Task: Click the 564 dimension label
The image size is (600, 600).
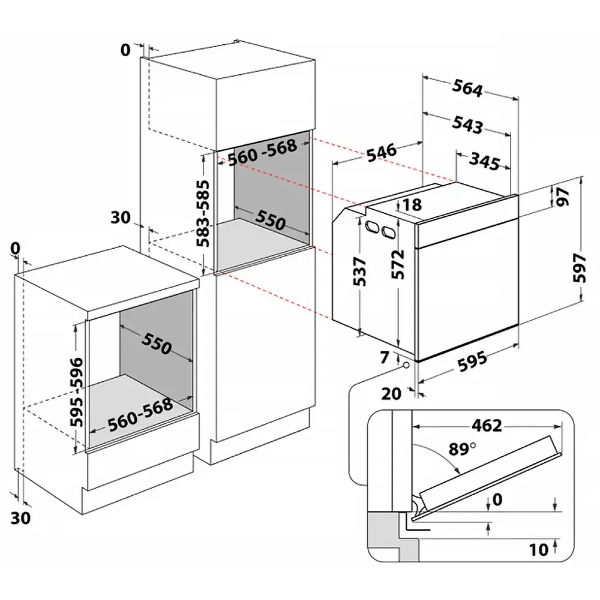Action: pos(467,89)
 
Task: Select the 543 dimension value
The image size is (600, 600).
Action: pos(467,125)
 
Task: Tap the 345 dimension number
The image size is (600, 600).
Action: pos(484,161)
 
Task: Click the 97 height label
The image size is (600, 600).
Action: pos(562,197)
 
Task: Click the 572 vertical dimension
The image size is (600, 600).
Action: pos(398,264)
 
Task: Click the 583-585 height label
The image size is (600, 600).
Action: pos(204,214)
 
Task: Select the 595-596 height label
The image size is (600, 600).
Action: pos(76,392)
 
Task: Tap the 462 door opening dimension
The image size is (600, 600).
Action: pos(486,425)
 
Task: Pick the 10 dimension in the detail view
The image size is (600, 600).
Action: pos(539,550)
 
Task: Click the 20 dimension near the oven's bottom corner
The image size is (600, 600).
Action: pos(391,394)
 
